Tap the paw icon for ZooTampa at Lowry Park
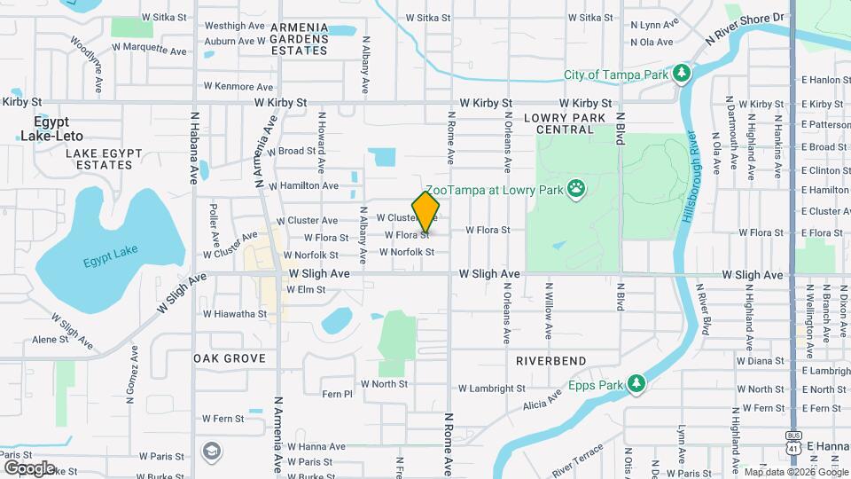pyautogui.click(x=577, y=189)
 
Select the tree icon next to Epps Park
pyautogui.click(x=635, y=383)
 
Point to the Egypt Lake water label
pyautogui.click(x=113, y=263)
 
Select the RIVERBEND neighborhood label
pyautogui.click(x=550, y=361)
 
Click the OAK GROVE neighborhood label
pyautogui.click(x=230, y=357)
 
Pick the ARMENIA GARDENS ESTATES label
pyautogui.click(x=299, y=39)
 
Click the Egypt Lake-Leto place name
pyautogui.click(x=51, y=129)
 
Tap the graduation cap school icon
pyautogui.click(x=212, y=452)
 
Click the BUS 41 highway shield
pyautogui.click(x=792, y=439)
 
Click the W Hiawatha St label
pyautogui.click(x=234, y=314)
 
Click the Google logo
pyautogui.click(x=29, y=467)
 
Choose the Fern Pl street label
pyautogui.click(x=337, y=394)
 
